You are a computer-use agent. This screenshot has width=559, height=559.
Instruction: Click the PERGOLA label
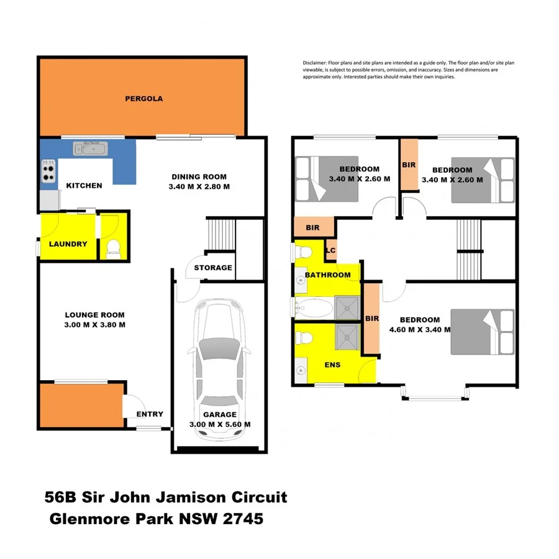pyautogui.click(x=143, y=98)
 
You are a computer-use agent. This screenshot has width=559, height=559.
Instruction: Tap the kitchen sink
pyautogui.click(x=91, y=148)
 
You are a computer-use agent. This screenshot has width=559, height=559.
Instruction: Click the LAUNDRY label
pyautogui.click(x=68, y=244)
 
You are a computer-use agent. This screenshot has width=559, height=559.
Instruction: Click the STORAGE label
pyautogui.click(x=213, y=268)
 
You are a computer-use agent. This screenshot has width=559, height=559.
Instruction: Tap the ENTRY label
pyautogui.click(x=150, y=414)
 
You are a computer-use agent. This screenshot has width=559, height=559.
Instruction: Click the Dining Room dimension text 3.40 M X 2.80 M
pyautogui.click(x=199, y=186)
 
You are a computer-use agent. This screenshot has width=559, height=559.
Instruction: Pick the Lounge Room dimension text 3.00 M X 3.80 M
pyautogui.click(x=95, y=325)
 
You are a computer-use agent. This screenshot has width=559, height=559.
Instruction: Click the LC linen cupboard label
pyautogui.click(x=331, y=250)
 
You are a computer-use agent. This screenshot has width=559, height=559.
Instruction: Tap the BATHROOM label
pyautogui.click(x=327, y=275)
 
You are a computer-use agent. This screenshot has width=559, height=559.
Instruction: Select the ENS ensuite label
pyautogui.click(x=333, y=365)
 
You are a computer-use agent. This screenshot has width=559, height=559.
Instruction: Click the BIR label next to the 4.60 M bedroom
pyautogui.click(x=372, y=319)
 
